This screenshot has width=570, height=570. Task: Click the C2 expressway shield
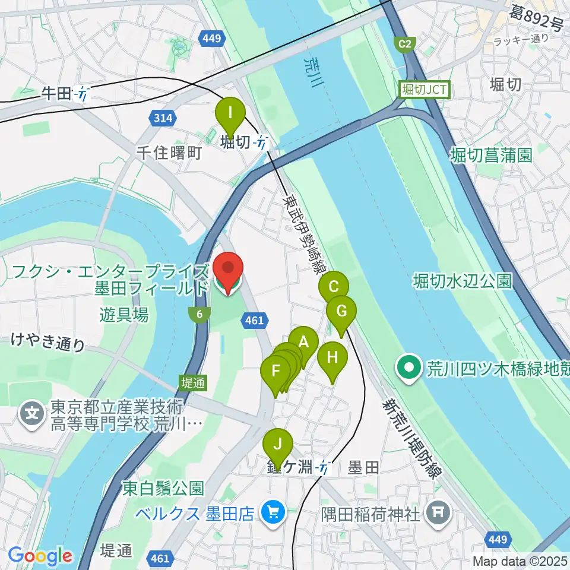coord(404,44)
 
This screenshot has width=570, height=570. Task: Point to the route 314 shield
coord(163,118)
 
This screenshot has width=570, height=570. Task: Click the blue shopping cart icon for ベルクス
coord(273,511)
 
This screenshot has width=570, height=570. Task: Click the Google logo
coord(40,556)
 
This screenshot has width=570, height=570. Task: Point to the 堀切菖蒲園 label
coord(490,156)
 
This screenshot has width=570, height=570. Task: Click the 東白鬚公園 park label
coord(163,489)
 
